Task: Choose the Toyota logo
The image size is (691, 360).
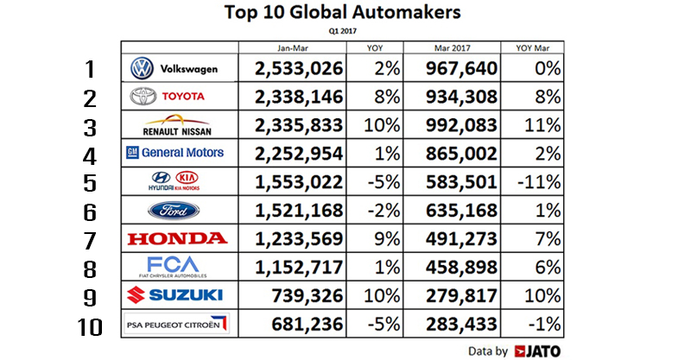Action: click(179, 96)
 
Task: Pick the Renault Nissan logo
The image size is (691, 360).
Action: click(179, 124)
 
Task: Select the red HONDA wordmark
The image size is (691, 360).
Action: click(178, 238)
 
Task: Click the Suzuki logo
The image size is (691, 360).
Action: click(178, 295)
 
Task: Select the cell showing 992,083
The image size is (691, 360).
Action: click(464, 124)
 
